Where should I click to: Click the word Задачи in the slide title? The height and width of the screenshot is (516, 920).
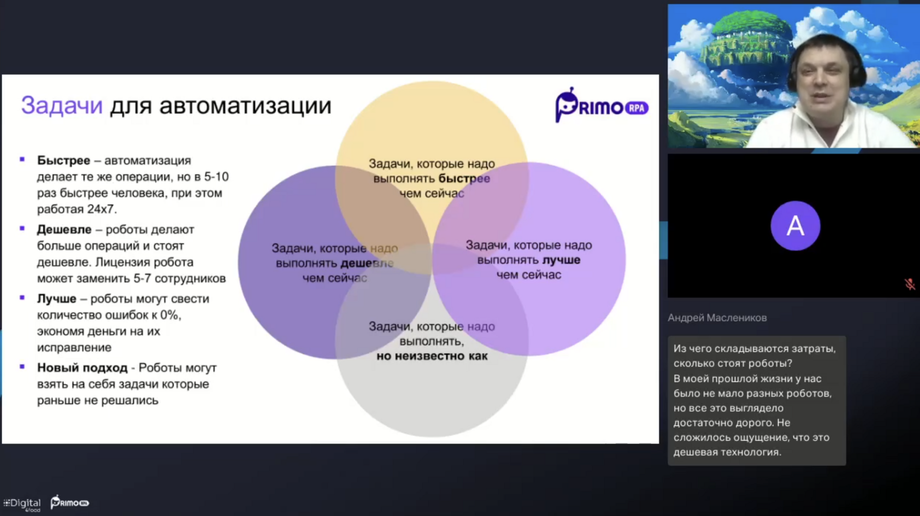[x=61, y=106]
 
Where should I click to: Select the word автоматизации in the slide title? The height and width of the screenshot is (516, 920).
[x=245, y=106]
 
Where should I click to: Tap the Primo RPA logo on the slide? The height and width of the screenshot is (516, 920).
[x=602, y=105]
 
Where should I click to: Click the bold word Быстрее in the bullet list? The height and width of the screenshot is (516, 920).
[x=64, y=160]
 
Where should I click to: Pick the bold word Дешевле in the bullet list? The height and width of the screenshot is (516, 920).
[x=64, y=229]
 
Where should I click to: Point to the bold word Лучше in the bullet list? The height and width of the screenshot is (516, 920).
[x=57, y=299]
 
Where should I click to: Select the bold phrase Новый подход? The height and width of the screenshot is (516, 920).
[x=82, y=368]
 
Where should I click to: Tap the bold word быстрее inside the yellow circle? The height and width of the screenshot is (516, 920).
[x=464, y=179]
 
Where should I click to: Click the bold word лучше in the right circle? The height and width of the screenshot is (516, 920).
[x=561, y=260]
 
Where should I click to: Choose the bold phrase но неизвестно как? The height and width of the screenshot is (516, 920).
[x=432, y=356]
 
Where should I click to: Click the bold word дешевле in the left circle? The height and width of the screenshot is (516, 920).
[x=367, y=263]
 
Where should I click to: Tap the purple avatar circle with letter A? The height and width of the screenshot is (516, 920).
[x=795, y=226]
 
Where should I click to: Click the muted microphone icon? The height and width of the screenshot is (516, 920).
[x=909, y=284]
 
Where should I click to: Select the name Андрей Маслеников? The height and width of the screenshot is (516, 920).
[x=717, y=318]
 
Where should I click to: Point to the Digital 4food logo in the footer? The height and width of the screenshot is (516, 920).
[x=22, y=504]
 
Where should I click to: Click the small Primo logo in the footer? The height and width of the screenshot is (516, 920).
[x=70, y=502]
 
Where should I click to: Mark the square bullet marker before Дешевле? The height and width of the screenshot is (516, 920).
[x=22, y=228]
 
